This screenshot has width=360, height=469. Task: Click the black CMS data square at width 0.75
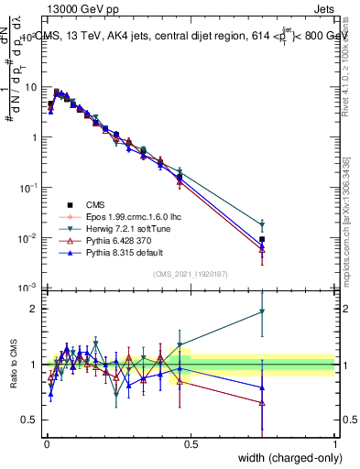pyautogui.click(x=262, y=239)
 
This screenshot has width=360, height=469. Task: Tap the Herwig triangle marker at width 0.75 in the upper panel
pyautogui.click(x=262, y=224)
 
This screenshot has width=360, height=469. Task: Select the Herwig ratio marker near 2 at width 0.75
pyautogui.click(x=262, y=311)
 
